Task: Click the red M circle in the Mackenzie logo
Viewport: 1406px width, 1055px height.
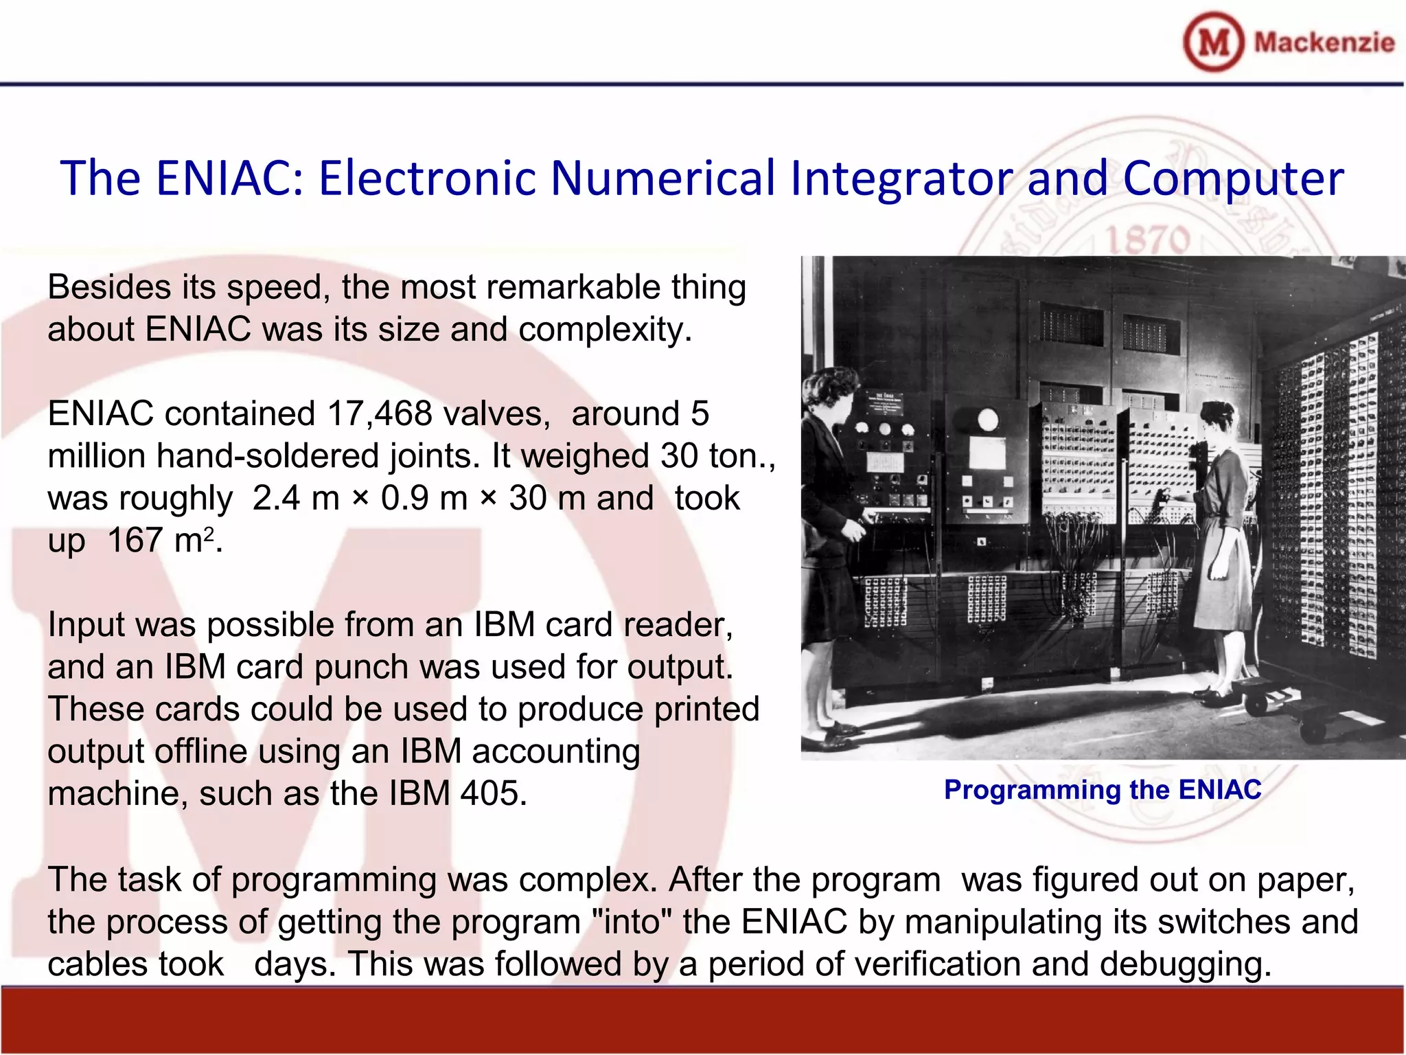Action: pyautogui.click(x=1213, y=42)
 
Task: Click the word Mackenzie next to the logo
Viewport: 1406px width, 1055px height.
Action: pyautogui.click(x=1324, y=43)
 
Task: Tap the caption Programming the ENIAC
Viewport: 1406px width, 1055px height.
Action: pyautogui.click(x=1102, y=790)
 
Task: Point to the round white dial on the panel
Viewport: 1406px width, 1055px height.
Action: pyautogui.click(x=987, y=419)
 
